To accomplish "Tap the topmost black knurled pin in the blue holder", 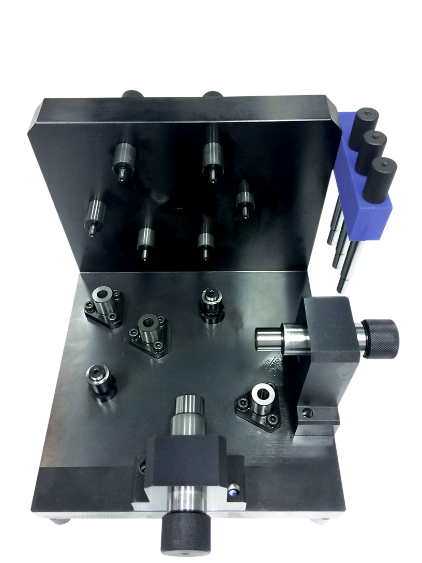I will (x=365, y=122).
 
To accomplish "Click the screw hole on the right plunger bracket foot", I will (x=309, y=412).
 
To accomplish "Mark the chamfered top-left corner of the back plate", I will (x=37, y=111).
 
